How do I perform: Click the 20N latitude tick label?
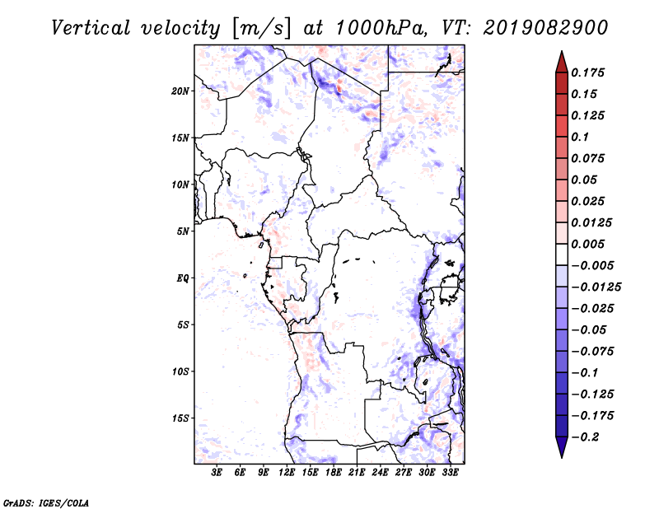pyautogui.click(x=180, y=91)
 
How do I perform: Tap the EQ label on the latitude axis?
pyautogui.click(x=182, y=278)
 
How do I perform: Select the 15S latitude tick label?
pyautogui.click(x=180, y=418)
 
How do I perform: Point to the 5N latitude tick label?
pyautogui.click(x=183, y=231)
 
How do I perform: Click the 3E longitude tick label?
pyautogui.click(x=217, y=473)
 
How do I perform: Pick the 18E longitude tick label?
pyautogui.click(x=334, y=473)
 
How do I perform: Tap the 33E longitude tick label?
pyautogui.click(x=450, y=473)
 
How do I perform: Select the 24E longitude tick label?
pyautogui.click(x=380, y=473)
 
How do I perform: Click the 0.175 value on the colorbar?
pyautogui.click(x=587, y=72)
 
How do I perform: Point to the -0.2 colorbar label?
pyautogui.click(x=586, y=437)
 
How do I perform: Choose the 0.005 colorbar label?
pyautogui.click(x=587, y=244)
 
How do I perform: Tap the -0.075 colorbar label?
pyautogui.click(x=592, y=352)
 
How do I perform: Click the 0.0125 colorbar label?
pyautogui.click(x=591, y=222)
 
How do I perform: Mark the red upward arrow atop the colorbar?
pyautogui.click(x=562, y=62)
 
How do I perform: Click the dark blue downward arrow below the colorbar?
pyautogui.click(x=562, y=447)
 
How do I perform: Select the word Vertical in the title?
pyautogui.click(x=91, y=28)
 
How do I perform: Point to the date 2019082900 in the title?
pyautogui.click(x=545, y=28)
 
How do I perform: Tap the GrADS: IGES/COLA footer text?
pyautogui.click(x=46, y=503)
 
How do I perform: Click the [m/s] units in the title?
pyautogui.click(x=261, y=29)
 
